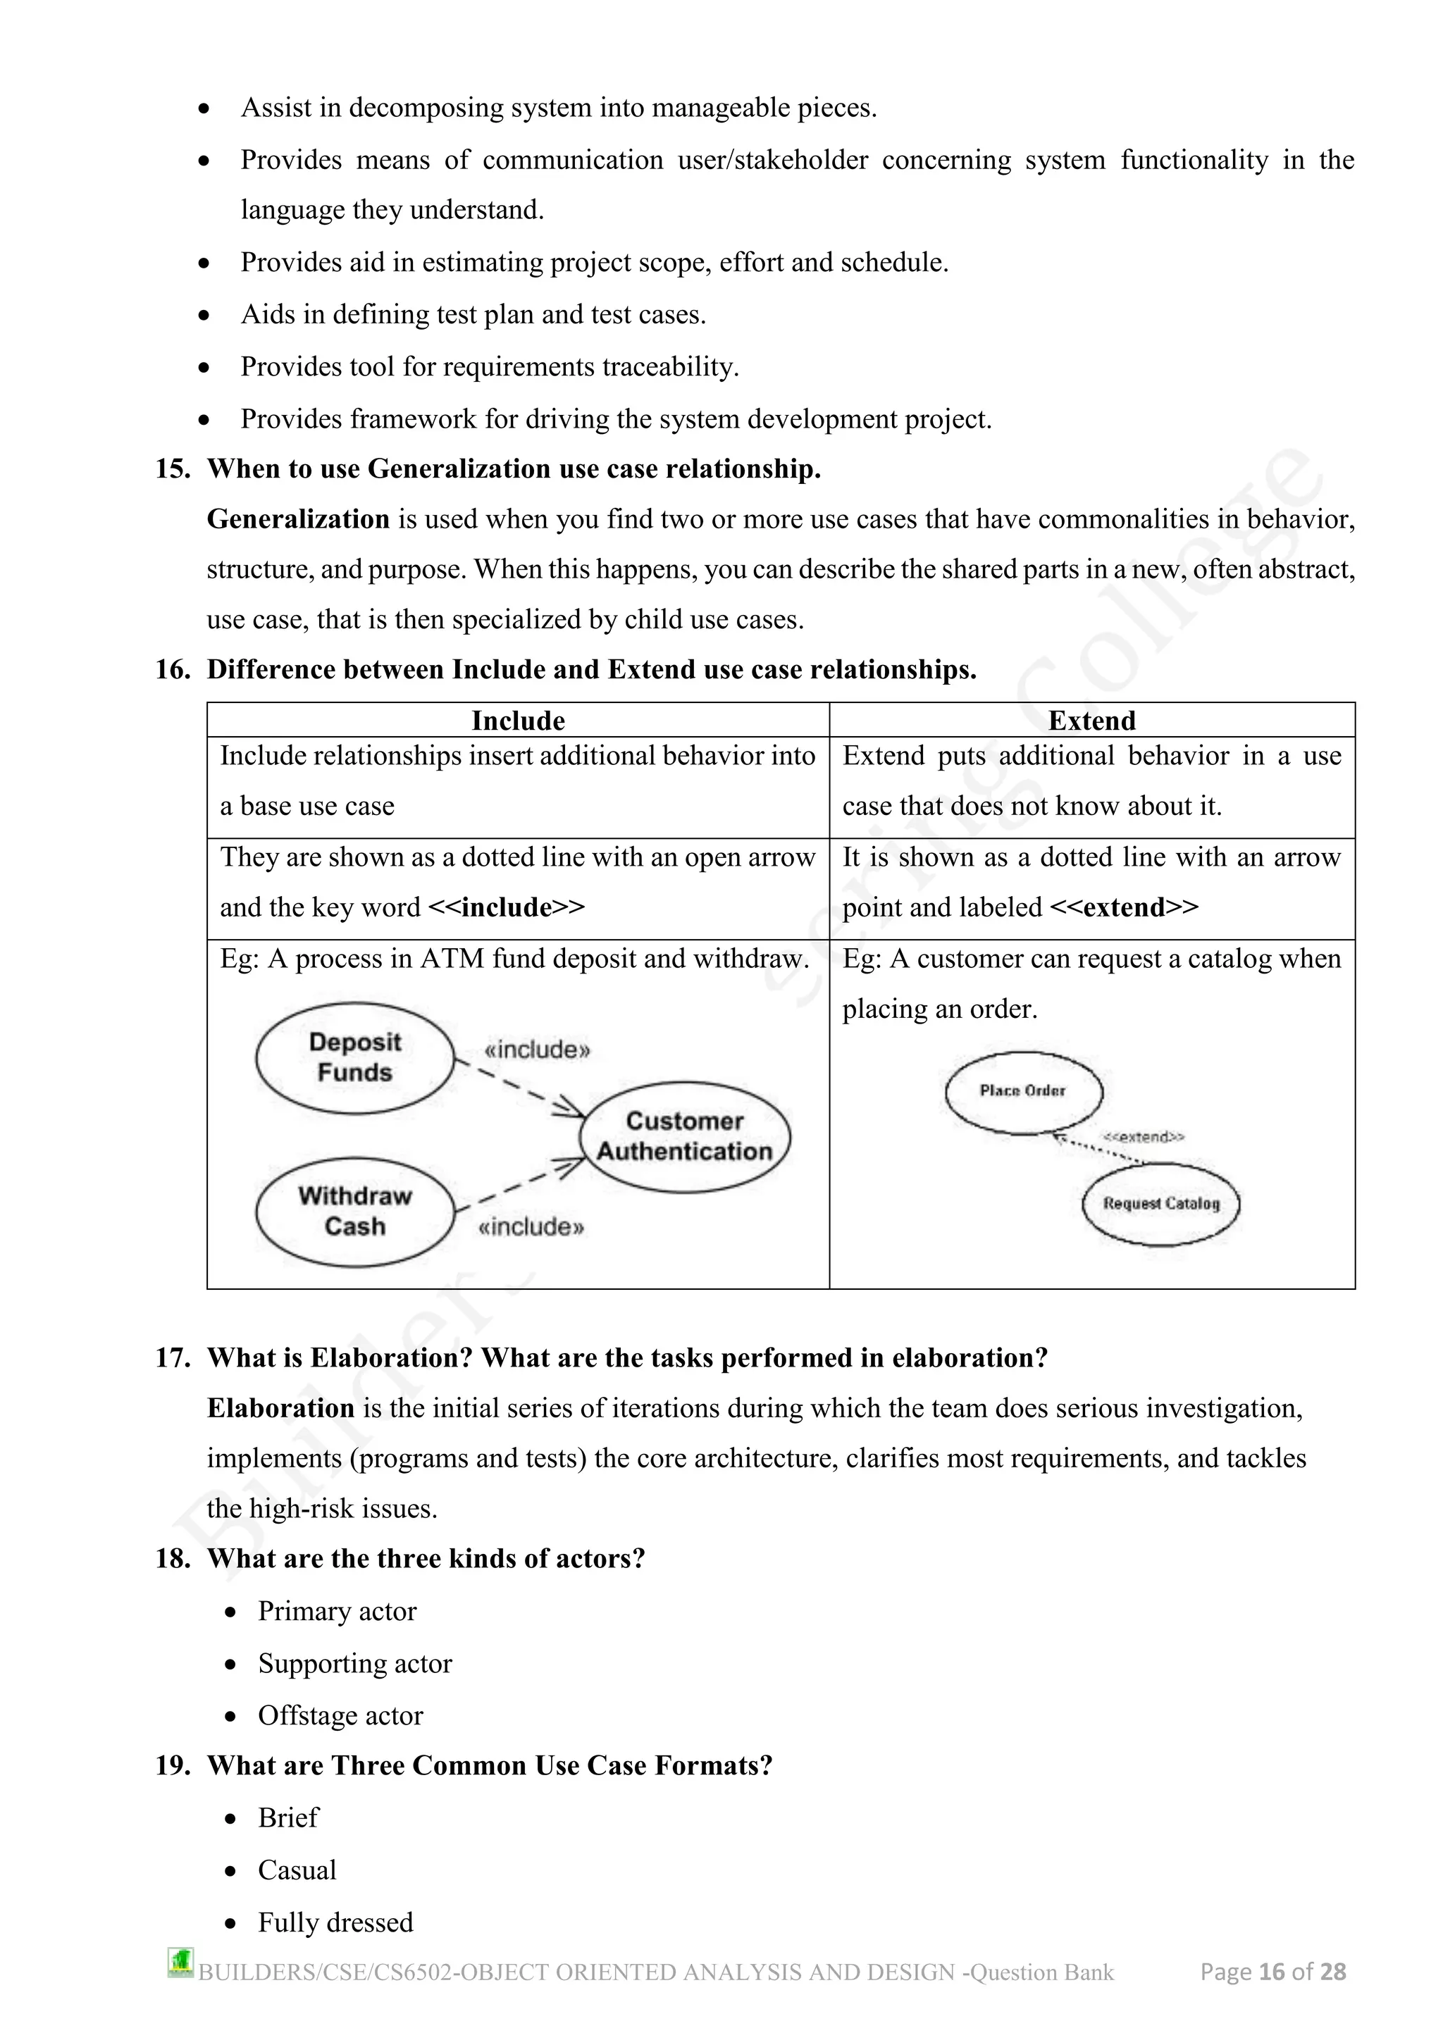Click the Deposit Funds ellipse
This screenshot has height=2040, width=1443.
[354, 1057]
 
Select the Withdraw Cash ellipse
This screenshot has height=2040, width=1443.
[354, 1211]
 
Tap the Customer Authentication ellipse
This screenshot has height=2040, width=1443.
[684, 1136]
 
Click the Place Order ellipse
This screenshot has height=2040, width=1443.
[1023, 1092]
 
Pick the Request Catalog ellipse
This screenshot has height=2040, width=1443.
[1160, 1204]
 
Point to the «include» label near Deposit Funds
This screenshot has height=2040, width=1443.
[537, 1050]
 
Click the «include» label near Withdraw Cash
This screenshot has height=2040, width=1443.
[531, 1228]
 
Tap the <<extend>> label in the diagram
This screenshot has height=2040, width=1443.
[1144, 1137]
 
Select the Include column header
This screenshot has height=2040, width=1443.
[517, 721]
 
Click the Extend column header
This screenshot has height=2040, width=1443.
[1091, 721]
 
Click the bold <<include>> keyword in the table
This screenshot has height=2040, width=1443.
[506, 907]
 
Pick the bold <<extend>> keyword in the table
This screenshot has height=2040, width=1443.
[1123, 907]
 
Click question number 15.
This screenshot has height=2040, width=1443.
[173, 469]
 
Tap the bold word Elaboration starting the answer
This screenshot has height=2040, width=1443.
[281, 1408]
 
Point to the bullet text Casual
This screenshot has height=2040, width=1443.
[297, 1870]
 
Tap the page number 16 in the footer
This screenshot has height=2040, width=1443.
[1272, 1972]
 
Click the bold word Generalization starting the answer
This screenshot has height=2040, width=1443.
[297, 519]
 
